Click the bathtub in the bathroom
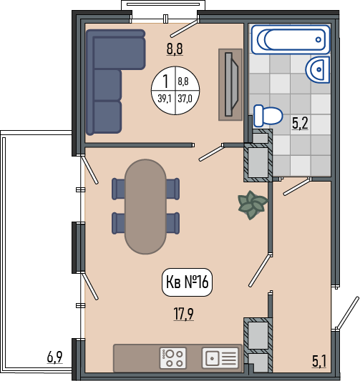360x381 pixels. click(291, 39)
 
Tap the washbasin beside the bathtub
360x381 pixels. click(318, 70)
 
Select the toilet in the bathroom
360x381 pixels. click(268, 116)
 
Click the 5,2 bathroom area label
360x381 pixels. click(300, 123)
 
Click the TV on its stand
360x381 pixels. click(230, 84)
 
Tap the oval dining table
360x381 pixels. click(145, 207)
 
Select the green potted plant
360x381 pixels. click(253, 205)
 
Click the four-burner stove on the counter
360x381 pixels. click(172, 357)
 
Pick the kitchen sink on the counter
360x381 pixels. click(220, 358)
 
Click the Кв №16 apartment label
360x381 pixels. click(187, 282)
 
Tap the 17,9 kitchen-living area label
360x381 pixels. click(184, 314)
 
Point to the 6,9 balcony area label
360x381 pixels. click(54, 357)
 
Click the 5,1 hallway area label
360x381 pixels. click(319, 361)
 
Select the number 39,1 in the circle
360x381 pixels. click(165, 99)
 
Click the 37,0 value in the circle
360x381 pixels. click(185, 99)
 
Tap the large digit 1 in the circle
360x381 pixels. click(165, 81)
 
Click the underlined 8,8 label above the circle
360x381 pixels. click(175, 49)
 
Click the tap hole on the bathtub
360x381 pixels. click(318, 39)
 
